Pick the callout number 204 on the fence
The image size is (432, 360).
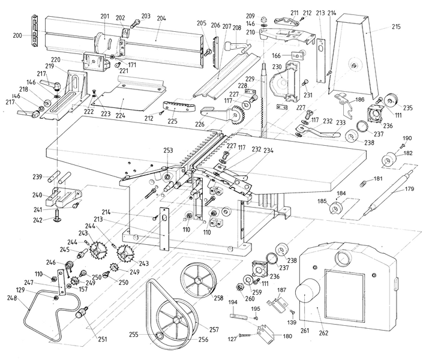[x=160, y=19]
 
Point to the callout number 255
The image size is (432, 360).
[x=151, y=334]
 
